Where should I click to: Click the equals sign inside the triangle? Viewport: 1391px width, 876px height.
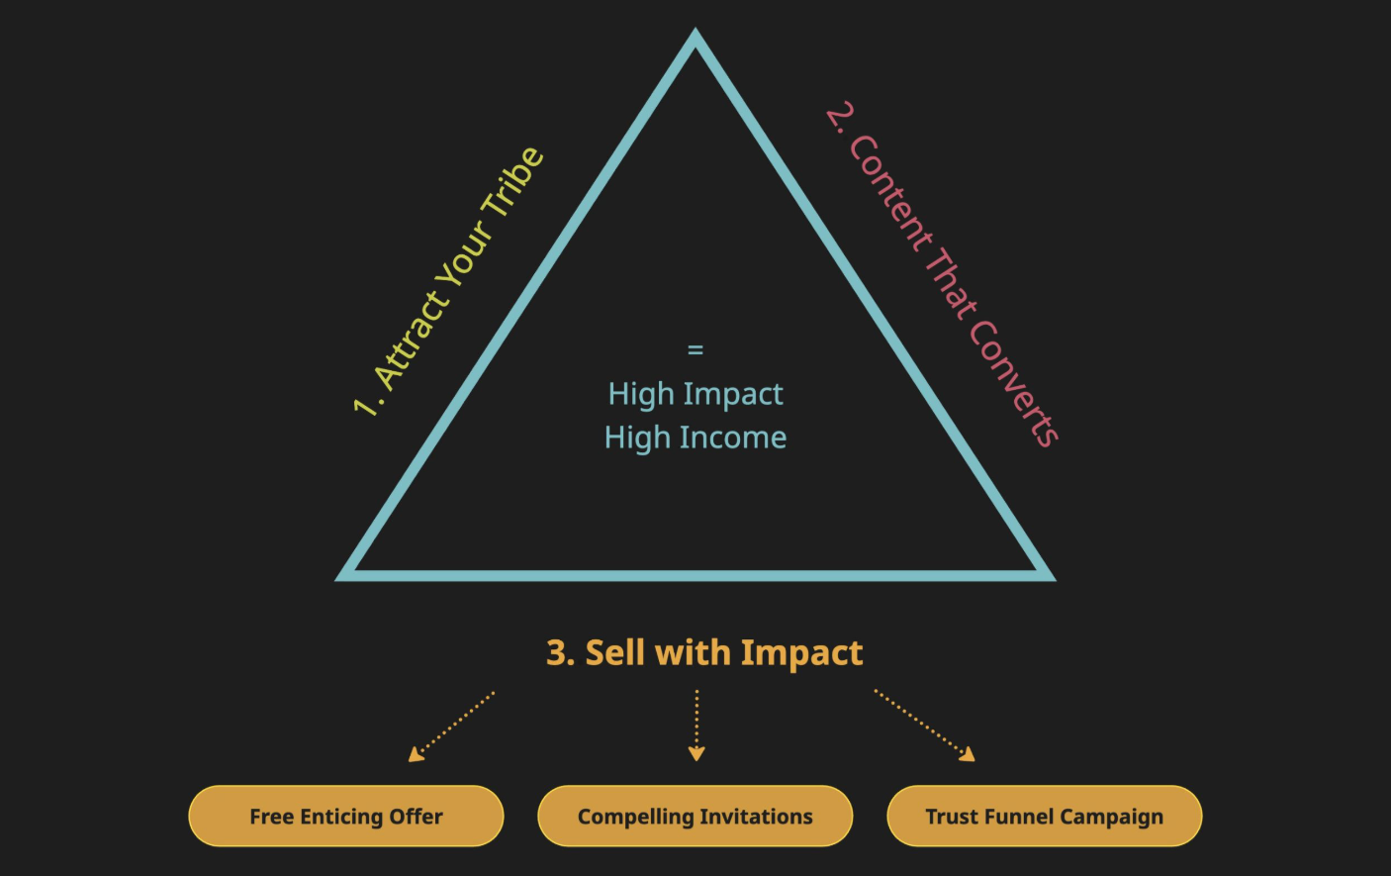(x=695, y=350)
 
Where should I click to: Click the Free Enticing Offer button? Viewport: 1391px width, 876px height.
(x=346, y=817)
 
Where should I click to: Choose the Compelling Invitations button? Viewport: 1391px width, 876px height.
(x=695, y=817)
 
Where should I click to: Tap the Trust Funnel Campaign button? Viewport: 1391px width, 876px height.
(x=1045, y=817)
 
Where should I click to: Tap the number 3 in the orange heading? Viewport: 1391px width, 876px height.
(x=558, y=653)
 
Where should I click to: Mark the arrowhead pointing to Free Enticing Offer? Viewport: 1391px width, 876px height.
(x=417, y=755)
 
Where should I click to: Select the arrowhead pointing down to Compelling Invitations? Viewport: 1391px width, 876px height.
(x=696, y=754)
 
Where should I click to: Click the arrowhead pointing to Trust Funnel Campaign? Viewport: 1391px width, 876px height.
(x=968, y=754)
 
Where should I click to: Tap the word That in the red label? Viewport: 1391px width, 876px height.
(x=951, y=285)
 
